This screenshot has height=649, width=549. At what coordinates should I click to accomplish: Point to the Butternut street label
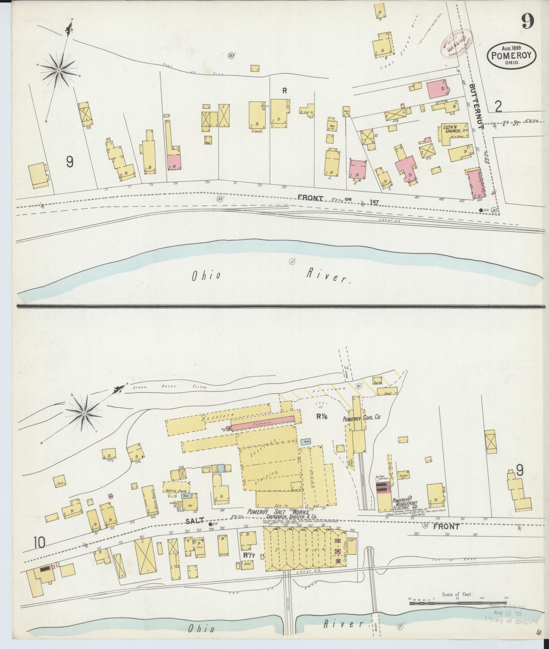pos(476,108)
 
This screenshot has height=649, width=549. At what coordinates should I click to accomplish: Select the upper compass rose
pos(59,70)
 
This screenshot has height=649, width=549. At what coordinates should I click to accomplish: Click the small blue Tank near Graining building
pos(306,441)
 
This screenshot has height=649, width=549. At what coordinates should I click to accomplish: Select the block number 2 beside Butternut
pos(498,107)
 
